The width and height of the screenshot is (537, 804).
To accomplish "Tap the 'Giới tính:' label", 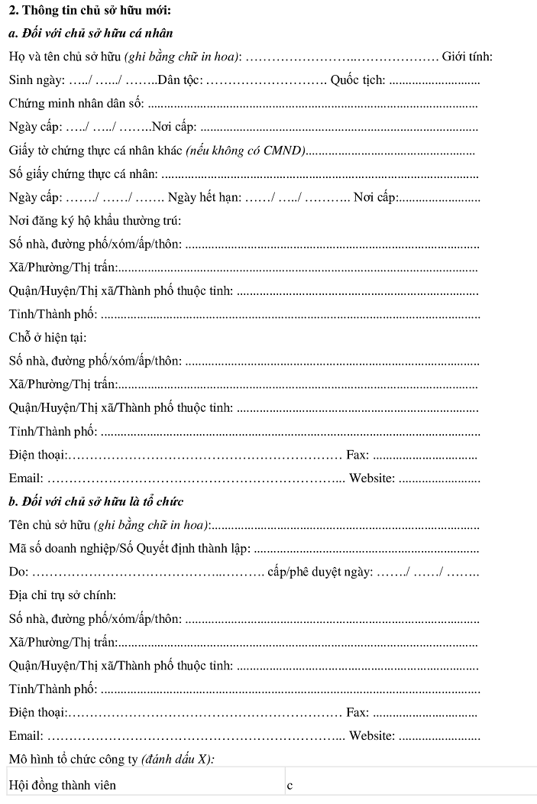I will (467, 57).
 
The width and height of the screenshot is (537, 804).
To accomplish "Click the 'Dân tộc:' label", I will (180, 80).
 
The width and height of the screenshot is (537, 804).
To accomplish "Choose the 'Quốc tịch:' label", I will (357, 80).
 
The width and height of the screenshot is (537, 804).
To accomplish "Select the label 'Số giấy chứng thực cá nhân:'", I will (84, 174).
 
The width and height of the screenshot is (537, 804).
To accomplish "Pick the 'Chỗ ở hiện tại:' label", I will (47, 337).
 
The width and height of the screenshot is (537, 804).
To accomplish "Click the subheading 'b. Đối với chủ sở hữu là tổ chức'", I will (95, 501).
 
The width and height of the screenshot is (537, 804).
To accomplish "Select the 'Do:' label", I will (18, 572).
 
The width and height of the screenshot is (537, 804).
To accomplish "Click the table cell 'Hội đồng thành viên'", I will (63, 785).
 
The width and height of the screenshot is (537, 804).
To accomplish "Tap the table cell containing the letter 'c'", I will (290, 785).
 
